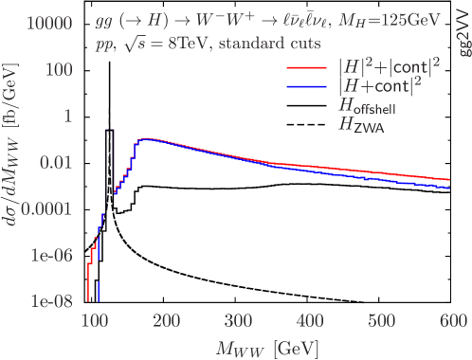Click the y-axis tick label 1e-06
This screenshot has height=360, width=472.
(45, 255)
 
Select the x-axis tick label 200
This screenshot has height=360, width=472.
(166, 322)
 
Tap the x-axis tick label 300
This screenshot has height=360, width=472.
(239, 322)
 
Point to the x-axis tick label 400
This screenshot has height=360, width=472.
(311, 322)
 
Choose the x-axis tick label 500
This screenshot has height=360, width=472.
(384, 322)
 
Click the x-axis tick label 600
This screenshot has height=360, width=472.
(456, 322)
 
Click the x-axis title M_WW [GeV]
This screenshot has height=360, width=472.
(270, 347)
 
